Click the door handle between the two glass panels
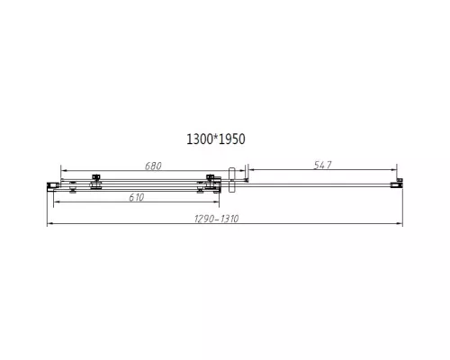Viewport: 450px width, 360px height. pos(233,177)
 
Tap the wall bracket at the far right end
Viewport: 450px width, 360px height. pos(393,184)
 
